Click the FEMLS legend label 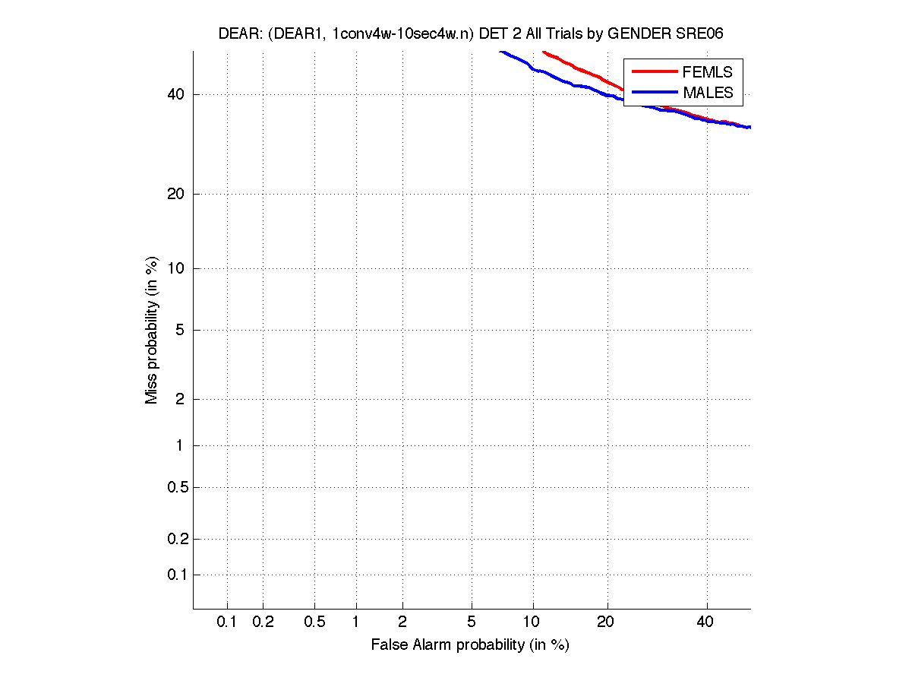click(x=708, y=72)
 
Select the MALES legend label click(x=708, y=93)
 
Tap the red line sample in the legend click(x=654, y=71)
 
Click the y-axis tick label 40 click(x=176, y=94)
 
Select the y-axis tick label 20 click(x=176, y=194)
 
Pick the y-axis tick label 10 click(x=176, y=268)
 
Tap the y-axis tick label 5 click(x=180, y=330)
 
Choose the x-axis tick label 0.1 click(x=227, y=622)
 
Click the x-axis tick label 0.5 click(x=314, y=622)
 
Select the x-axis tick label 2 click(x=402, y=622)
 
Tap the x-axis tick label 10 click(x=533, y=622)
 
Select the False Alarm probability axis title click(x=470, y=645)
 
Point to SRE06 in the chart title click(x=702, y=35)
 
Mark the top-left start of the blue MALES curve click(x=500, y=52)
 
